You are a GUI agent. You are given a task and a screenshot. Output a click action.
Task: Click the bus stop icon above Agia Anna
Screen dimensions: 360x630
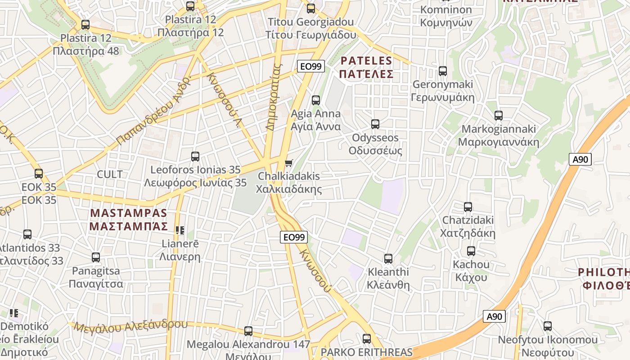[316, 100]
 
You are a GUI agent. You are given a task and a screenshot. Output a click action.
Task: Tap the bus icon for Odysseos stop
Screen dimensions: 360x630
[375, 124]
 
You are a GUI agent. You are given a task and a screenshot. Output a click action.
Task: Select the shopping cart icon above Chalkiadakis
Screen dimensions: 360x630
[288, 163]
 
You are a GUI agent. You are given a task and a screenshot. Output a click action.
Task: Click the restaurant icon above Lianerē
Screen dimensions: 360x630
[180, 230]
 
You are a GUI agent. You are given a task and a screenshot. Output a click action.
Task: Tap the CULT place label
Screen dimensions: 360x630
[110, 174]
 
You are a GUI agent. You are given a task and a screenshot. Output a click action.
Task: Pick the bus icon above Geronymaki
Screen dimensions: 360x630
[443, 71]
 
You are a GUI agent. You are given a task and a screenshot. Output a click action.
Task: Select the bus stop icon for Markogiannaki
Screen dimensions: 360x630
[498, 115]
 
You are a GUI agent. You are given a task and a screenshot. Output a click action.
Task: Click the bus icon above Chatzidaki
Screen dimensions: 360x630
[468, 207]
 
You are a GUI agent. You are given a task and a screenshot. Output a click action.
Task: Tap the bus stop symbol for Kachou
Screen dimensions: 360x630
[471, 251]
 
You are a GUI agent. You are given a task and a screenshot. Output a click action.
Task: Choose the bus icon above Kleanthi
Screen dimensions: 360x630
[388, 258]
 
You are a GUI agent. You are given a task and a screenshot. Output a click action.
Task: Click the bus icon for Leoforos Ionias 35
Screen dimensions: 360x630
[195, 156]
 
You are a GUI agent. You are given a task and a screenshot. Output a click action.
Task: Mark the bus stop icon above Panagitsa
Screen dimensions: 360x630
[96, 257]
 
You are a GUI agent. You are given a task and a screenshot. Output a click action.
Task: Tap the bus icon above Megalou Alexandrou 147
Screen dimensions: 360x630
[248, 331]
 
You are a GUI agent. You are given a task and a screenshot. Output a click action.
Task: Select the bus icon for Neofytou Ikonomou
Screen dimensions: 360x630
[548, 326]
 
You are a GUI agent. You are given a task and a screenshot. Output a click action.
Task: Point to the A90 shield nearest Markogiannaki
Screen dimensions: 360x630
[580, 159]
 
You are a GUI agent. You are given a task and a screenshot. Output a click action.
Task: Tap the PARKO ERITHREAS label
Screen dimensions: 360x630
[366, 352]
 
